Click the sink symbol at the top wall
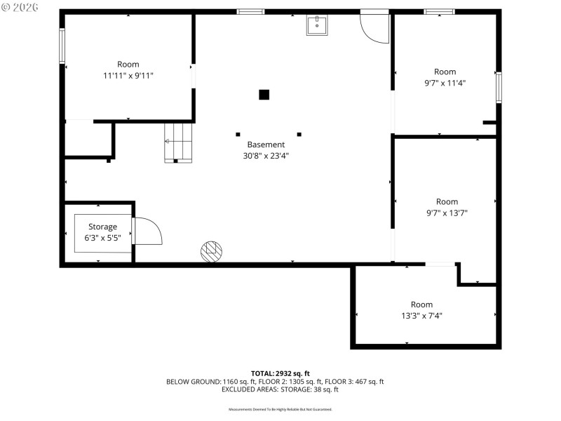click(x=317, y=25)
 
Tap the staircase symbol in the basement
click(x=178, y=142)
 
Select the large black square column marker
click(x=264, y=95)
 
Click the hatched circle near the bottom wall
click(x=212, y=251)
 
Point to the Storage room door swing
click(x=147, y=232)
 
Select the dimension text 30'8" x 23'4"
click(x=261, y=156)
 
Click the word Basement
click(x=261, y=145)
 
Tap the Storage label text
click(x=102, y=227)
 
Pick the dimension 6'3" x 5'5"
click(x=102, y=238)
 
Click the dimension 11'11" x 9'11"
click(x=128, y=76)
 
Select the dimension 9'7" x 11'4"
click(x=445, y=83)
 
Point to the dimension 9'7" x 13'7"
click(x=447, y=213)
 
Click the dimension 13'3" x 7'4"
click(x=421, y=316)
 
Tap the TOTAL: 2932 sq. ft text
click(x=280, y=373)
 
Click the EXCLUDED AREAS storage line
click(x=280, y=389)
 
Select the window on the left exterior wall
click(x=62, y=45)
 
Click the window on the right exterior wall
click(x=499, y=87)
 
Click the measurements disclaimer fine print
click(x=280, y=409)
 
